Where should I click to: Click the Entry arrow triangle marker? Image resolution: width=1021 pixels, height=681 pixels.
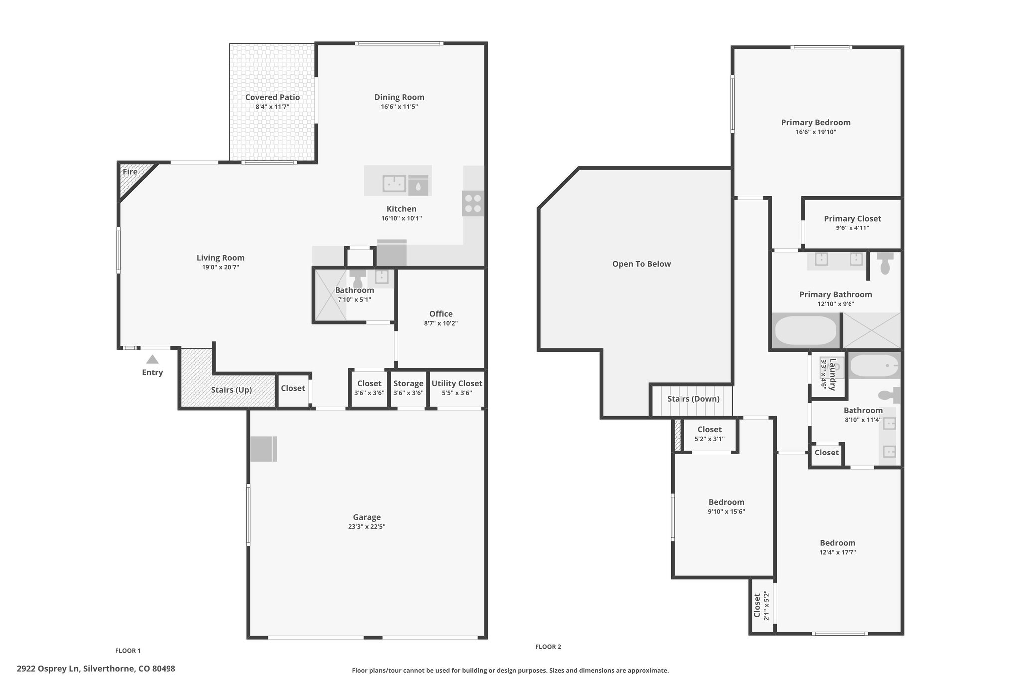152,359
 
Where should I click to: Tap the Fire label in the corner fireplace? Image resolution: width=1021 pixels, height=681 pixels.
130,172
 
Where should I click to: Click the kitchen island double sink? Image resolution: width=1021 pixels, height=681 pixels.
394,183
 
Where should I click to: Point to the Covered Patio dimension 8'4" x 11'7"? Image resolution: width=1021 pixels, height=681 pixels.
273,107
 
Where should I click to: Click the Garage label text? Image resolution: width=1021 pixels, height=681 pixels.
367,517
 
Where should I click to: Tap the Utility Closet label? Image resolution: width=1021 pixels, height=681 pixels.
457,383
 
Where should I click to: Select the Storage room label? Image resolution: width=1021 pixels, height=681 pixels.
408,383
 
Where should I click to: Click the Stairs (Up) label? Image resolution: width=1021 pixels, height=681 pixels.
231,390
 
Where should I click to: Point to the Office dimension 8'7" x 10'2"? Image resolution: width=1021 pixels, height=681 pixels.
441,323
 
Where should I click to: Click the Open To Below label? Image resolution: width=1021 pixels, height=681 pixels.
642,264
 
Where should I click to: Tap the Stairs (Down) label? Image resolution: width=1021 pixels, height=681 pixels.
693,399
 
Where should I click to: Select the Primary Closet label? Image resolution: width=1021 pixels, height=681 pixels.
852,219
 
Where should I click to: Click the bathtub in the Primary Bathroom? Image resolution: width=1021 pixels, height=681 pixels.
805,330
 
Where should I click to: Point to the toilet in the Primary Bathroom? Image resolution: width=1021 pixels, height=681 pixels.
885,263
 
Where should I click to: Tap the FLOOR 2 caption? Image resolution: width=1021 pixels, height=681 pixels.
548,647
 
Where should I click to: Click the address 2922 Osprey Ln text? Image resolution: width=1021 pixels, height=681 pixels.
48,669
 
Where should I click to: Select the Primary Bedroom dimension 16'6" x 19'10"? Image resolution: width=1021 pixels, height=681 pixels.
816,132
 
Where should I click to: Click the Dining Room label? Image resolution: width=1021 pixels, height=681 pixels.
399,97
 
